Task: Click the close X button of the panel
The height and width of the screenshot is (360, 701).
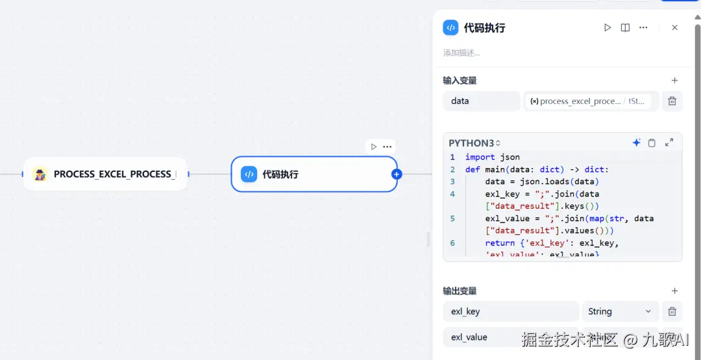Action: click(674, 28)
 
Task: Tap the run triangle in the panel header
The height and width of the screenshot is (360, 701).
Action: click(608, 28)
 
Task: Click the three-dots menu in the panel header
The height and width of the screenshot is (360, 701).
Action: click(643, 28)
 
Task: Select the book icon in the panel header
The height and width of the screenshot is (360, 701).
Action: click(625, 28)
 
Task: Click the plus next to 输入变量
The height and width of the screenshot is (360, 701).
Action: click(674, 80)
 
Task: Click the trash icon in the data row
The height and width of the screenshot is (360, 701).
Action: click(672, 101)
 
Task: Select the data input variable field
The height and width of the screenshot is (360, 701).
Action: click(481, 101)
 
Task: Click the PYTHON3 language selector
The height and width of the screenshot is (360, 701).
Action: click(474, 143)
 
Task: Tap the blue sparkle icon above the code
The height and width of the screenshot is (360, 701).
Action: click(636, 143)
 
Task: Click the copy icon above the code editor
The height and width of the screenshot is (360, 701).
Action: click(652, 143)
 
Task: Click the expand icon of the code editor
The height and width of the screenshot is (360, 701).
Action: click(669, 143)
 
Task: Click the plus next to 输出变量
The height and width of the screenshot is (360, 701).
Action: click(674, 291)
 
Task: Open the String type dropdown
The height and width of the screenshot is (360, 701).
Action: click(620, 311)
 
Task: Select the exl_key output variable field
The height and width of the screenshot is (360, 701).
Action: click(510, 311)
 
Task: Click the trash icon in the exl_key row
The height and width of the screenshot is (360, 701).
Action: click(672, 311)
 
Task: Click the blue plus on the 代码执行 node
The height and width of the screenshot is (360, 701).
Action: click(397, 174)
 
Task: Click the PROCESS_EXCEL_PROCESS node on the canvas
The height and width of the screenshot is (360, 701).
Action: click(105, 174)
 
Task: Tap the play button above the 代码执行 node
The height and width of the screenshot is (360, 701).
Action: click(373, 147)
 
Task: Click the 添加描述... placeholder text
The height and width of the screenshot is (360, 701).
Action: click(461, 53)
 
